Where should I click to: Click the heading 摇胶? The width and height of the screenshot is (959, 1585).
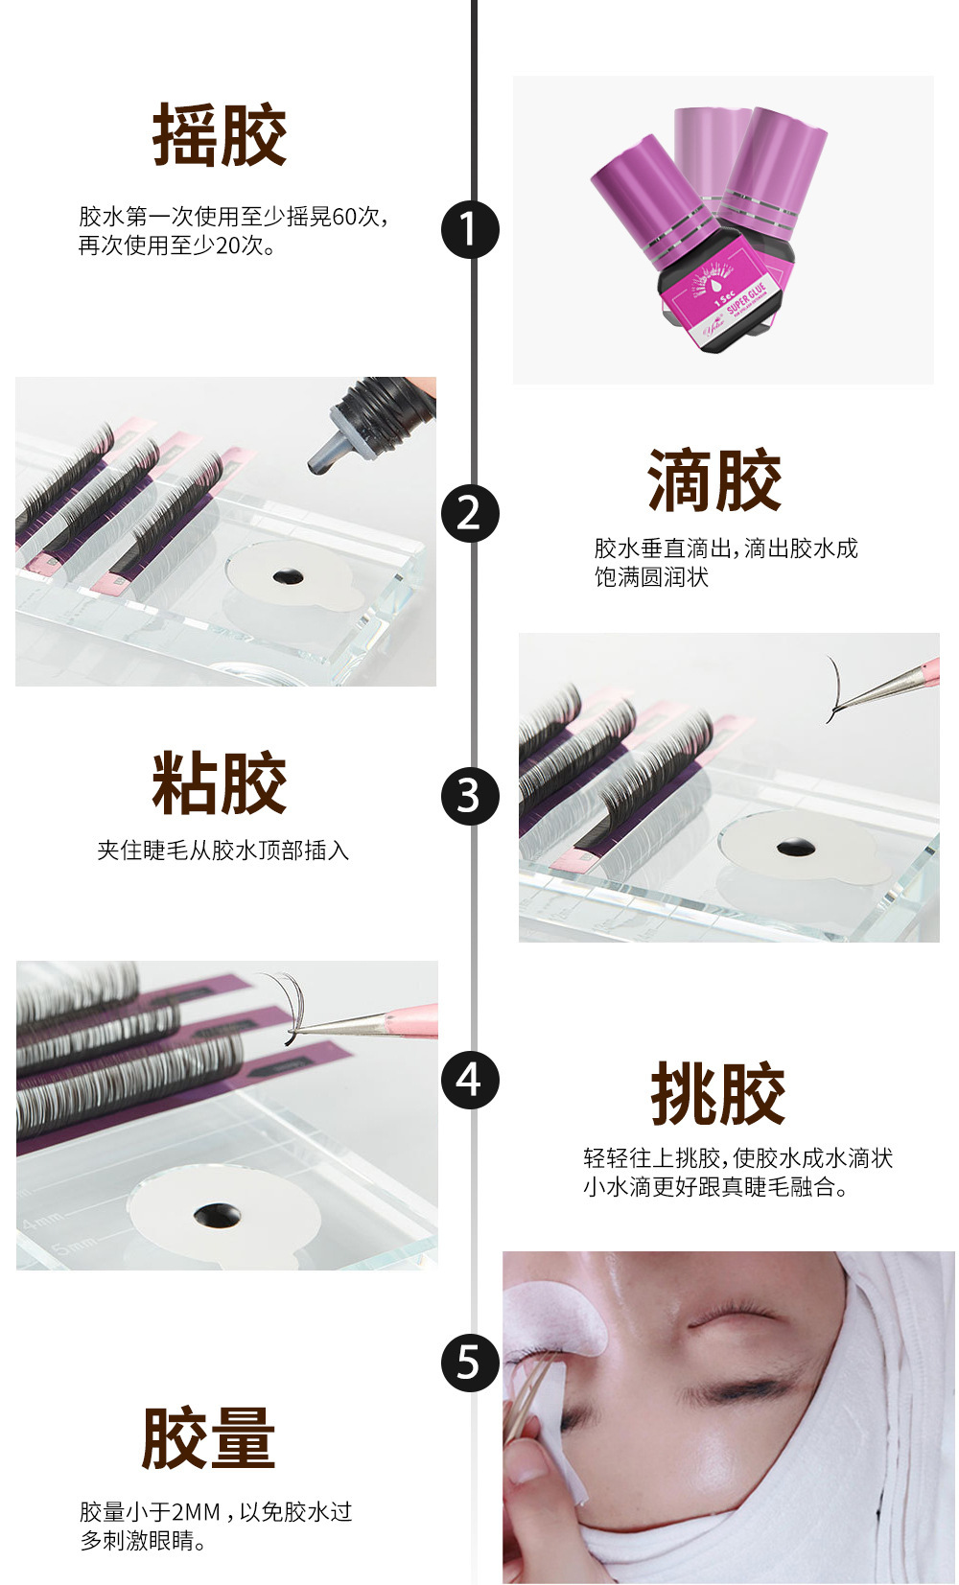coord(220,135)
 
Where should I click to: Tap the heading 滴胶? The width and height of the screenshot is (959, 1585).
coord(714,480)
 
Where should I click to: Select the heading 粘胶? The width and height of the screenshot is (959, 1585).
coord(220,783)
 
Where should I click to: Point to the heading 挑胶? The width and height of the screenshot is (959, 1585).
coord(717,1093)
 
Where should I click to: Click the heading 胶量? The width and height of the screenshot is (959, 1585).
coord(208,1437)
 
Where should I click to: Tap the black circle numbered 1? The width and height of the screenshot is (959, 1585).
coord(470,229)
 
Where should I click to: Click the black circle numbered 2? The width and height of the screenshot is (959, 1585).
coord(470,513)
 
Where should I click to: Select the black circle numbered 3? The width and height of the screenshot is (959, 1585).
coord(470,796)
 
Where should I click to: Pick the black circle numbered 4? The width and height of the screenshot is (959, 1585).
coord(470,1080)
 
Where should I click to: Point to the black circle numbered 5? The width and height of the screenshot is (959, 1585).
coord(470,1363)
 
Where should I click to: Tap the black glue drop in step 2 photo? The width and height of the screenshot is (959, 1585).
coord(288,577)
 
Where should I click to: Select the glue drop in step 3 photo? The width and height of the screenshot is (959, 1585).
coord(793,848)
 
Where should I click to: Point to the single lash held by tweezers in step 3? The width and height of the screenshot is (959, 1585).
coord(833,689)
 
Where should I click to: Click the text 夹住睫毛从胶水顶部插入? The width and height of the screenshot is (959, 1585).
coord(222,851)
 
